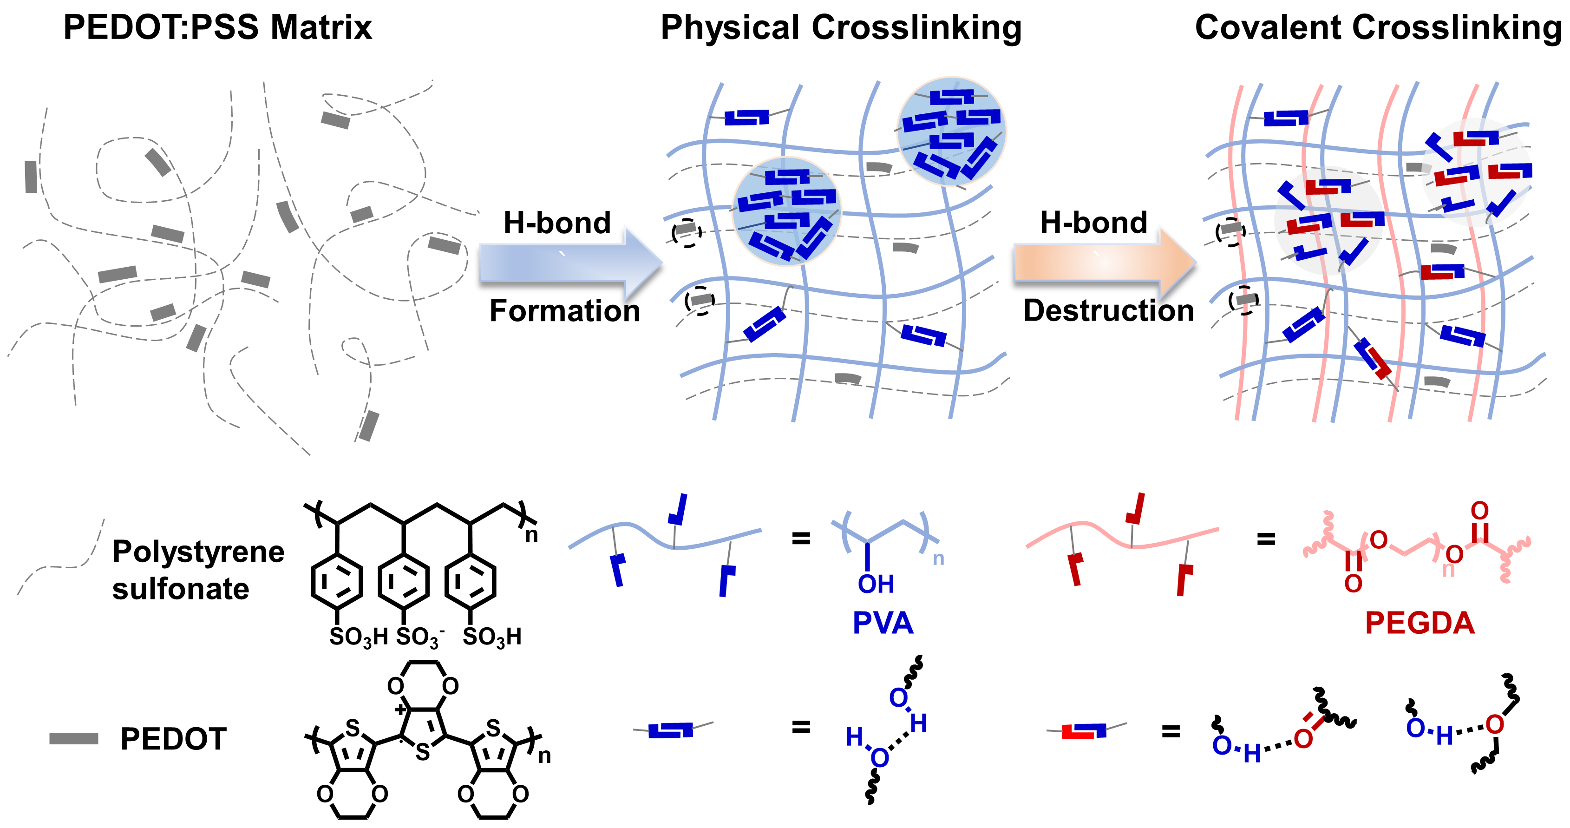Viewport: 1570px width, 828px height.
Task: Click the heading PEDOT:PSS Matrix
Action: tap(217, 27)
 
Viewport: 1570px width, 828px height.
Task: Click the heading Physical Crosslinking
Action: tap(841, 27)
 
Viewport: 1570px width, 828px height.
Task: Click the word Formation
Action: tap(564, 311)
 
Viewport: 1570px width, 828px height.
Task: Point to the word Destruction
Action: tap(1108, 311)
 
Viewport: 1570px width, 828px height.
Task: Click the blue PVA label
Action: tap(883, 623)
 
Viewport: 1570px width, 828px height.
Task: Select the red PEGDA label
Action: tap(1420, 623)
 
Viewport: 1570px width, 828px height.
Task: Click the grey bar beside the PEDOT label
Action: tap(74, 738)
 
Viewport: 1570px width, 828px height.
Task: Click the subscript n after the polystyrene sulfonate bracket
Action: tap(531, 535)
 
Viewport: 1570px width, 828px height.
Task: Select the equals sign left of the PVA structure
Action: tap(801, 538)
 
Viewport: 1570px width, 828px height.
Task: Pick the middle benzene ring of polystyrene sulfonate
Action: tap(404, 581)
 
